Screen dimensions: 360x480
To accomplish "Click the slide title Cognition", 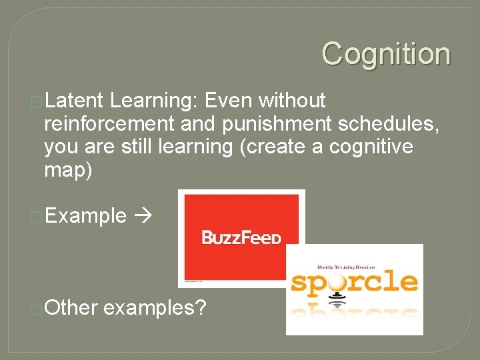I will tap(385, 54).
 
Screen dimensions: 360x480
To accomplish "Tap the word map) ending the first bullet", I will tap(68, 170).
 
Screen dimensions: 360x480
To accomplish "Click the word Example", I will tap(85, 216).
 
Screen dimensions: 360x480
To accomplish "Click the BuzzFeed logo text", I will tap(241, 237).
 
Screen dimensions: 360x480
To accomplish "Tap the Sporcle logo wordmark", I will tap(354, 283).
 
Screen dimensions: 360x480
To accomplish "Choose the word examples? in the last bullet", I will tap(155, 308).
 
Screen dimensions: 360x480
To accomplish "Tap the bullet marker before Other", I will tap(38, 308).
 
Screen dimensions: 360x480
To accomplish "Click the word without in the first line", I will tap(292, 101).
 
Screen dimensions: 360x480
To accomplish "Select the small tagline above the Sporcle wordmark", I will tap(354, 265).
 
